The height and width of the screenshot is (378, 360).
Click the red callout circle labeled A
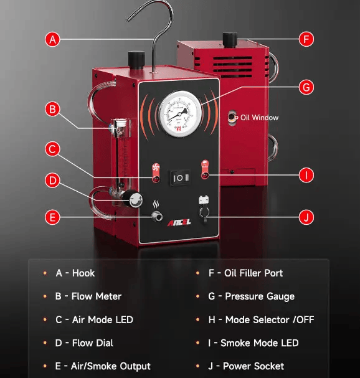tap(52, 39)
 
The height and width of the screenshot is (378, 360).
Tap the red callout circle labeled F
tap(306, 39)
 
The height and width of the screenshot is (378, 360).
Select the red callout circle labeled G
tap(306, 87)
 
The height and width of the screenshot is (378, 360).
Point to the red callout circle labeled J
tap(306, 217)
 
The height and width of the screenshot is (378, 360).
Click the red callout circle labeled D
tap(52, 181)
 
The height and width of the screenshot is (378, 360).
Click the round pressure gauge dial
tap(179, 113)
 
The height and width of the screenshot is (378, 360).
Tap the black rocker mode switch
tap(181, 178)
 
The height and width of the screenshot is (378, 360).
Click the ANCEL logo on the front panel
tap(179, 223)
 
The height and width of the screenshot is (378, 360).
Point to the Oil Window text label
tap(260, 118)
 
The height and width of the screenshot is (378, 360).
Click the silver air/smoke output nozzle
tap(157, 216)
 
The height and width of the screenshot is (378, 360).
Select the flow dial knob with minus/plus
tap(135, 199)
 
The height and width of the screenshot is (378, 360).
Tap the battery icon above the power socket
tap(204, 200)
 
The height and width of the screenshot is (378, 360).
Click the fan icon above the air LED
tap(156, 168)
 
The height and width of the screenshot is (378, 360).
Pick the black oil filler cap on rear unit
tap(230, 40)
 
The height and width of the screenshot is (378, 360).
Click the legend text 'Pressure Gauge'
tap(260, 296)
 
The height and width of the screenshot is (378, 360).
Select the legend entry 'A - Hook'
tap(75, 273)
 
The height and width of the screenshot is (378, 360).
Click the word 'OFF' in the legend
tap(305, 319)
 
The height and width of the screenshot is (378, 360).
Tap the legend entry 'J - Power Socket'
tap(246, 366)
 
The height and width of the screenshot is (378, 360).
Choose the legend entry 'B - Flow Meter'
tap(88, 296)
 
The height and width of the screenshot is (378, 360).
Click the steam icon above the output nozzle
tap(156, 205)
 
